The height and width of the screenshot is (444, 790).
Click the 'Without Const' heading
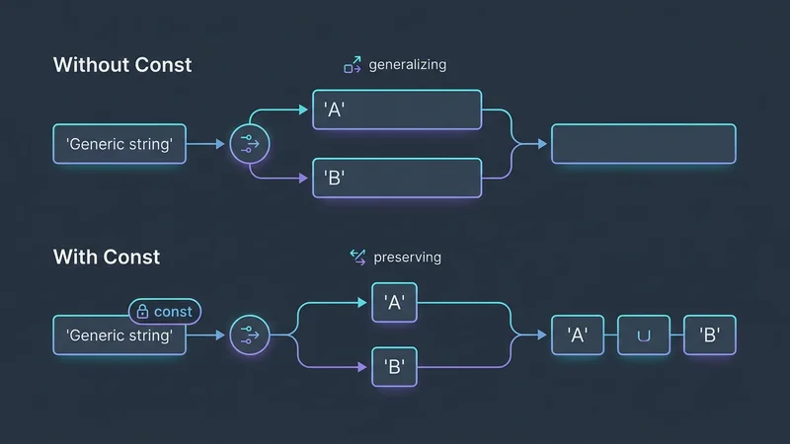(x=121, y=65)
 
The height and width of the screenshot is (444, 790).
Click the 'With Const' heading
(x=106, y=258)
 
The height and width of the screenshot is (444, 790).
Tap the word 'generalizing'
(x=407, y=65)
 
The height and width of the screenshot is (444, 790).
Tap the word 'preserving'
(x=407, y=258)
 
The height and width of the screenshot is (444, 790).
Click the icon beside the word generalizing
(x=353, y=65)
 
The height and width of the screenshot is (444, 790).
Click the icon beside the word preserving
(x=357, y=258)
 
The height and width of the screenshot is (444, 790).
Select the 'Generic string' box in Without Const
(x=118, y=145)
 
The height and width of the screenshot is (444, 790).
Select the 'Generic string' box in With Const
(x=118, y=335)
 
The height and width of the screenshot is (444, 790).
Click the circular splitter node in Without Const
(x=250, y=145)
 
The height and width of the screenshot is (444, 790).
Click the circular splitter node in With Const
(x=250, y=335)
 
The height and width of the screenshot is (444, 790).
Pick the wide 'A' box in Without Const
(x=397, y=110)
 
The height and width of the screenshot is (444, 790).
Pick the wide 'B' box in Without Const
(x=397, y=179)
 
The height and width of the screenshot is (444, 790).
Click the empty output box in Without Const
(x=643, y=144)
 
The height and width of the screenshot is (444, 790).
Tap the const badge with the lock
(x=164, y=312)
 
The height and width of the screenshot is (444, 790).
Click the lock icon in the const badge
(x=143, y=312)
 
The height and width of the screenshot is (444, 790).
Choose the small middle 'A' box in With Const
(x=395, y=302)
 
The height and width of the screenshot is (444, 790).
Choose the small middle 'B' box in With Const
(x=395, y=367)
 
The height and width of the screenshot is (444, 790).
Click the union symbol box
(x=644, y=335)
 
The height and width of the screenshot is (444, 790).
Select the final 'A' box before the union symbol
(x=578, y=335)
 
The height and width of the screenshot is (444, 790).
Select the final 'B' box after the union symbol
(x=710, y=335)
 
